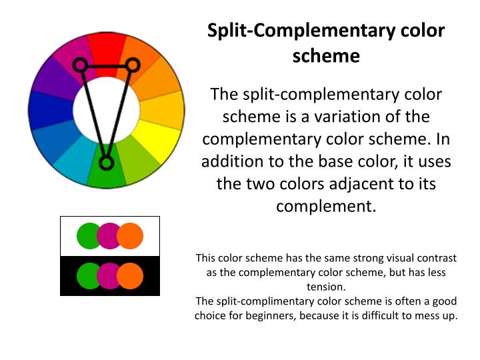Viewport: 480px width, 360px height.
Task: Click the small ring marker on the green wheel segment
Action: [105, 163]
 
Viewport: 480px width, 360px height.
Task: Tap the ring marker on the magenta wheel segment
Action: [80, 65]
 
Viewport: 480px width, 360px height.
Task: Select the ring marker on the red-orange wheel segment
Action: [132, 65]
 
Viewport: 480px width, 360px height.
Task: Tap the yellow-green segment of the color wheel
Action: [138, 163]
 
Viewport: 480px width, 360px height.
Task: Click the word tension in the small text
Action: [325, 287]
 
